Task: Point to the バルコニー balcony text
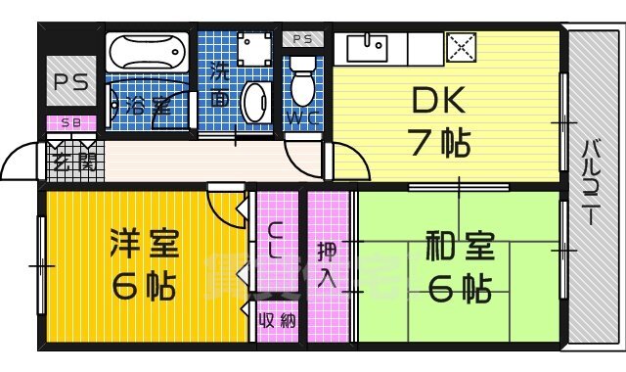point(592,185)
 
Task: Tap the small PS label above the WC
point(301,39)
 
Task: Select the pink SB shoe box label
point(70,122)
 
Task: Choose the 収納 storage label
point(277,320)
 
